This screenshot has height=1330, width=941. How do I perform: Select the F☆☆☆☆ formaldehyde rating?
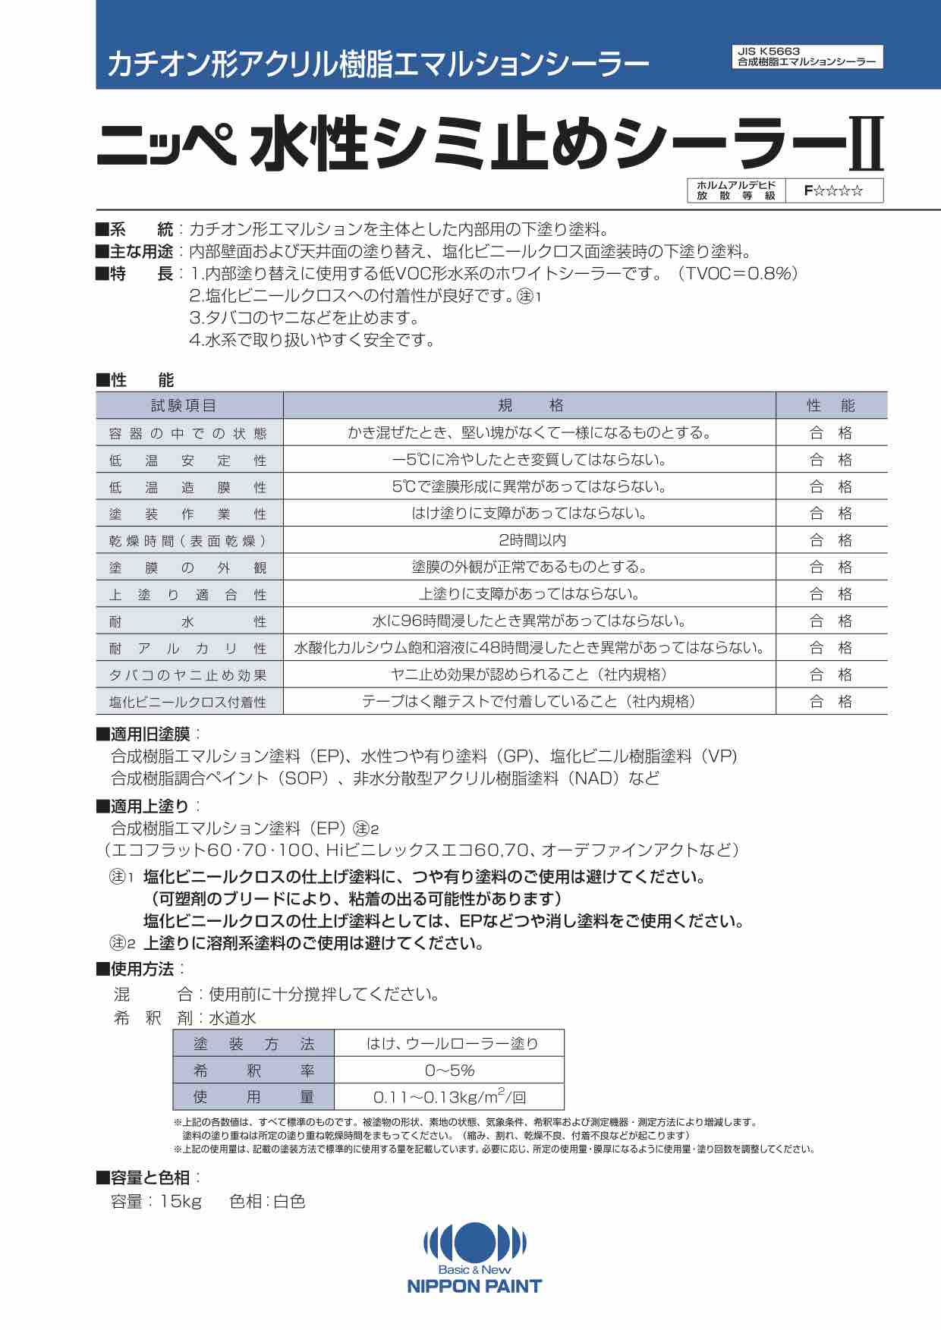pyautogui.click(x=834, y=191)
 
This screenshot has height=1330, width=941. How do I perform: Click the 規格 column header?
pyautogui.click(x=530, y=406)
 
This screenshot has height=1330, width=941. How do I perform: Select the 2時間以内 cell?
pyautogui.click(x=530, y=540)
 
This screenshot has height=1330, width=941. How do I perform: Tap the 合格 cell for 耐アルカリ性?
pyautogui.click(x=831, y=648)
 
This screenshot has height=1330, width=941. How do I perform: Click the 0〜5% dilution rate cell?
pyautogui.click(x=449, y=1071)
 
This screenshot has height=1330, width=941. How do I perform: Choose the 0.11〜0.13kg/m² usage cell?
pyautogui.click(x=449, y=1097)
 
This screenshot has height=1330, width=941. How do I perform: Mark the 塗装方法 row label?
pyautogui.click(x=253, y=1044)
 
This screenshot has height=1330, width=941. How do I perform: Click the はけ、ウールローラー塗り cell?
pyautogui.click(x=449, y=1044)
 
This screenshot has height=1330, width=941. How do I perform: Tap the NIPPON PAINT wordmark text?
pyautogui.click(x=474, y=1286)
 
